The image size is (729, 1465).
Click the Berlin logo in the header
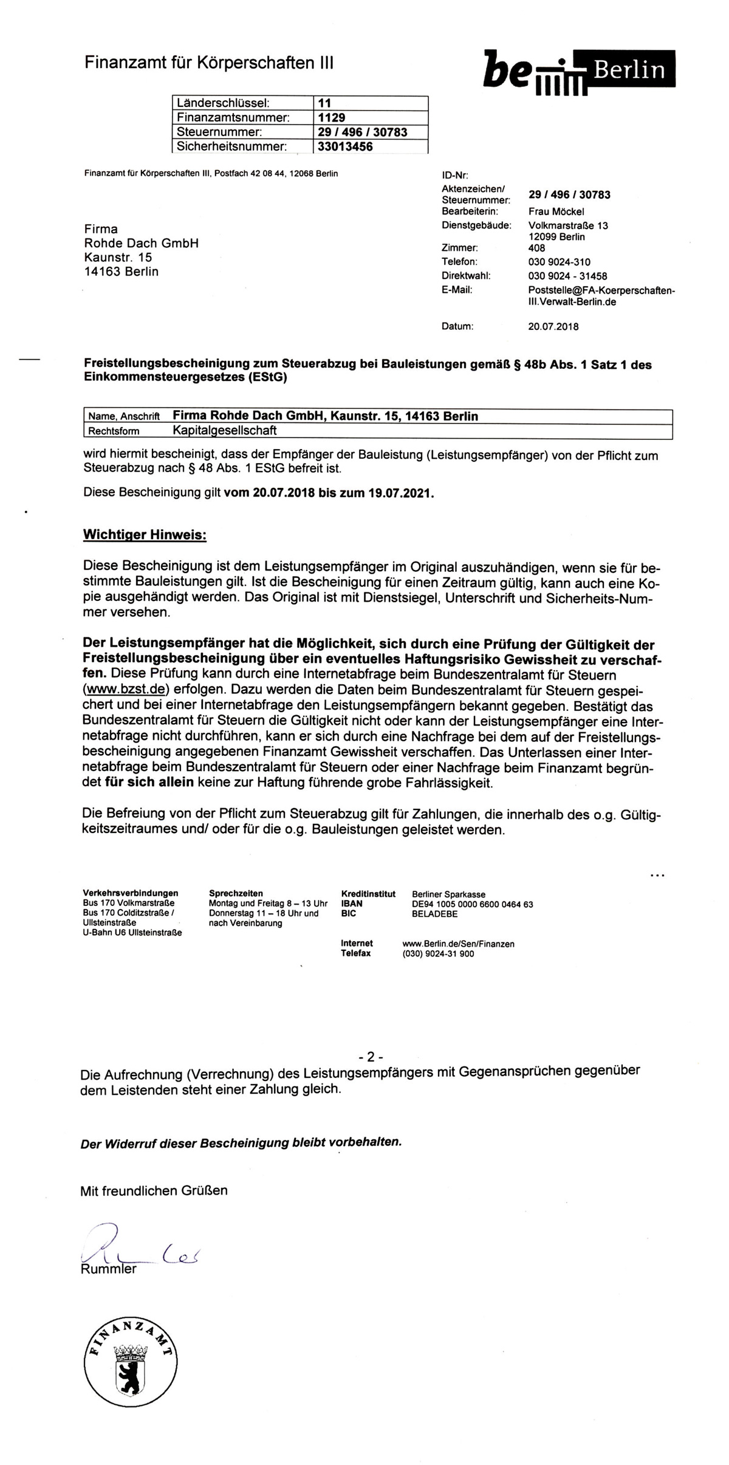(579, 72)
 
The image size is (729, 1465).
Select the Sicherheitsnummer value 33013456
(345, 146)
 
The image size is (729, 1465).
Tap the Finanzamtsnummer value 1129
(331, 117)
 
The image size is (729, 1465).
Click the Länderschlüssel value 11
(324, 103)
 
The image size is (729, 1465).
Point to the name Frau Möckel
(556, 211)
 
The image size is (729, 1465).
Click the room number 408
(536, 248)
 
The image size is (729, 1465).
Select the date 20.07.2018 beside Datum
(553, 326)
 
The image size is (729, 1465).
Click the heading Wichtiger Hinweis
(145, 535)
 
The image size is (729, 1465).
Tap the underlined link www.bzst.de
(125, 690)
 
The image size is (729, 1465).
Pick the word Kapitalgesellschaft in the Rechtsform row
(225, 430)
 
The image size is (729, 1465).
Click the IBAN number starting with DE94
(472, 904)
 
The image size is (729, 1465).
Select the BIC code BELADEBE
(434, 913)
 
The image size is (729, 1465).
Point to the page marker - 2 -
(371, 1056)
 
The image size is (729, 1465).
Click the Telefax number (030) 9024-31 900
(438, 953)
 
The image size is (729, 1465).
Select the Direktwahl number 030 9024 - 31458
(567, 276)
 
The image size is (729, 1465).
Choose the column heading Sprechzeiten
(236, 893)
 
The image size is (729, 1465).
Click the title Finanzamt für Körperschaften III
(208, 63)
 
